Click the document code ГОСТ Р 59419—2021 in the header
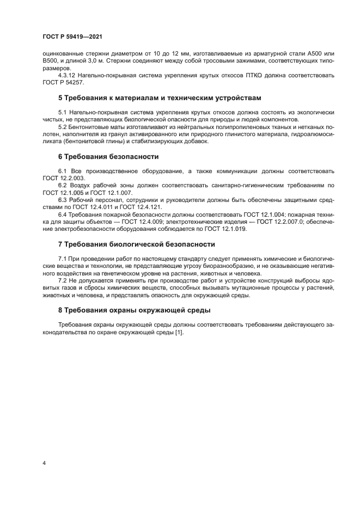[x=72, y=36]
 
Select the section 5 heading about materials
[x=152, y=98]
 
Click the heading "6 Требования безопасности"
[x=108, y=157]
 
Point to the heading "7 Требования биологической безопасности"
[x=136, y=244]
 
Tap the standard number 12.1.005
[x=70, y=193]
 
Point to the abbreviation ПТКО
[x=246, y=75]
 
